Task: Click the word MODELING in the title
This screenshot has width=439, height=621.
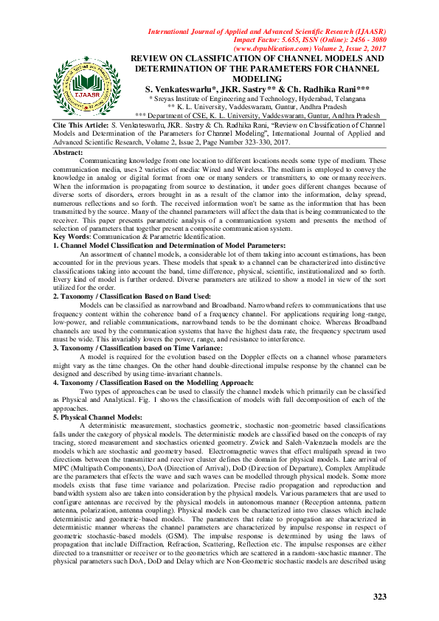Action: [x=257, y=78]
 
